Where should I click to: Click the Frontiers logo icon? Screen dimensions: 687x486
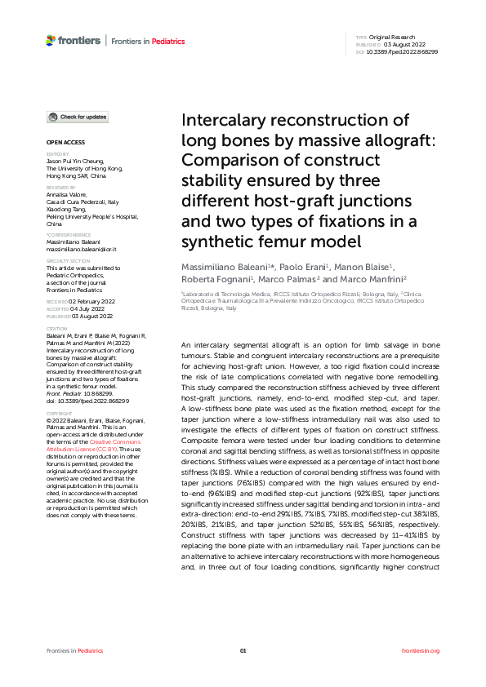click(x=51, y=40)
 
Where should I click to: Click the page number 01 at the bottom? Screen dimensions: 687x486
click(x=243, y=650)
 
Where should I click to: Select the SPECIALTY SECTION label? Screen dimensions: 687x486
click(x=69, y=261)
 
